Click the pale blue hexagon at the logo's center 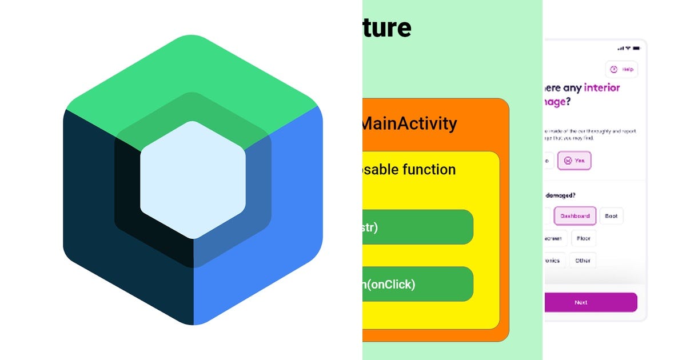pyautogui.click(x=193, y=180)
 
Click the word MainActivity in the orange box pyautogui.click(x=409, y=123)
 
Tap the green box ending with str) pyautogui.click(x=417, y=227)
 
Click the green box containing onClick pyautogui.click(x=417, y=284)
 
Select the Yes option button pyautogui.click(x=575, y=161)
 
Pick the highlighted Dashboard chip pyautogui.click(x=575, y=216)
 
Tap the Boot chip pyautogui.click(x=611, y=216)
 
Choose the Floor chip pyautogui.click(x=583, y=238)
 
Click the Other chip pyautogui.click(x=583, y=261)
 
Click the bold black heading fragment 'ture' pyautogui.click(x=387, y=27)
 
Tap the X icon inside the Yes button pyautogui.click(x=567, y=161)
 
